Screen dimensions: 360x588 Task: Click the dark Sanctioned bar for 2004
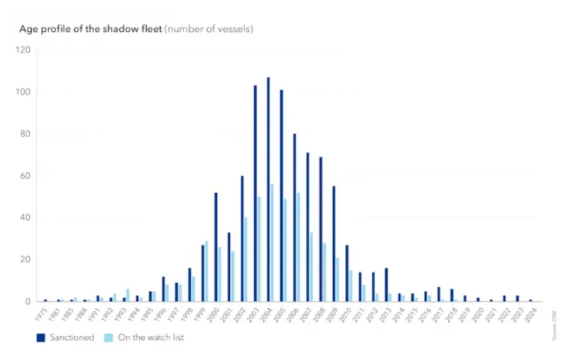[x=268, y=189]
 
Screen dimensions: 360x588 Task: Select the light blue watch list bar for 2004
[x=271, y=242]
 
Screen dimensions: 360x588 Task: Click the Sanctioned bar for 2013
[x=386, y=285]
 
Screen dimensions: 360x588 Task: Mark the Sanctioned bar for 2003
[x=255, y=193]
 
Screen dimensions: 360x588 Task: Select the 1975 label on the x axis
[x=44, y=314]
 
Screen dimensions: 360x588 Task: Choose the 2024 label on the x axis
[x=531, y=314]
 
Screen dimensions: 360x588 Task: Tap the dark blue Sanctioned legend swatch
[x=41, y=338]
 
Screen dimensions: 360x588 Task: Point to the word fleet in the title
[x=150, y=29]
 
